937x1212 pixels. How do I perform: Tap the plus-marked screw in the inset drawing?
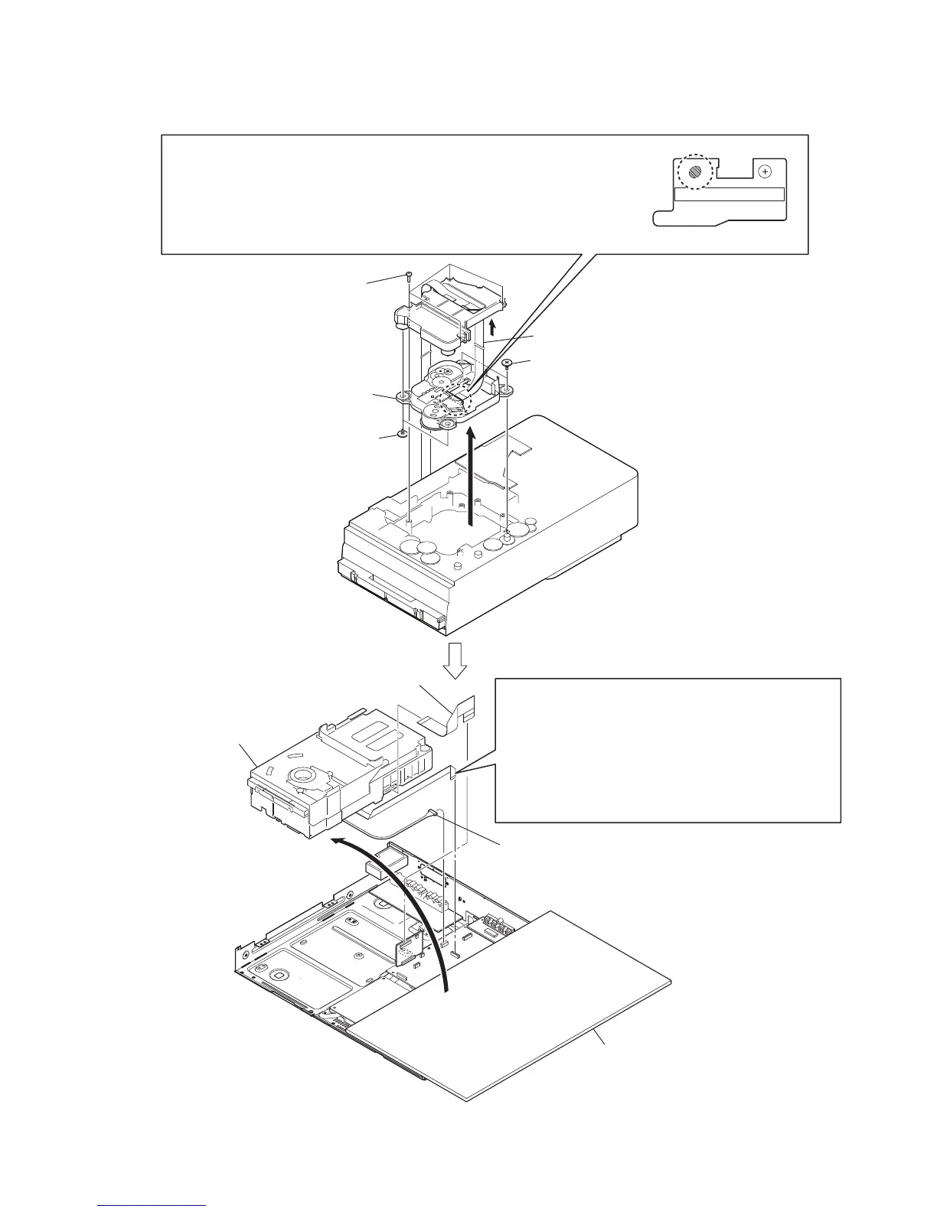click(x=765, y=172)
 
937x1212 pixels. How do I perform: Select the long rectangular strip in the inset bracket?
click(x=730, y=194)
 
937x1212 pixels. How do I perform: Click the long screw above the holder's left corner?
click(x=410, y=274)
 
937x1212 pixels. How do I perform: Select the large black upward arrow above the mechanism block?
click(x=471, y=474)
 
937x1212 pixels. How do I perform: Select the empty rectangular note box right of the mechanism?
click(x=668, y=749)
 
